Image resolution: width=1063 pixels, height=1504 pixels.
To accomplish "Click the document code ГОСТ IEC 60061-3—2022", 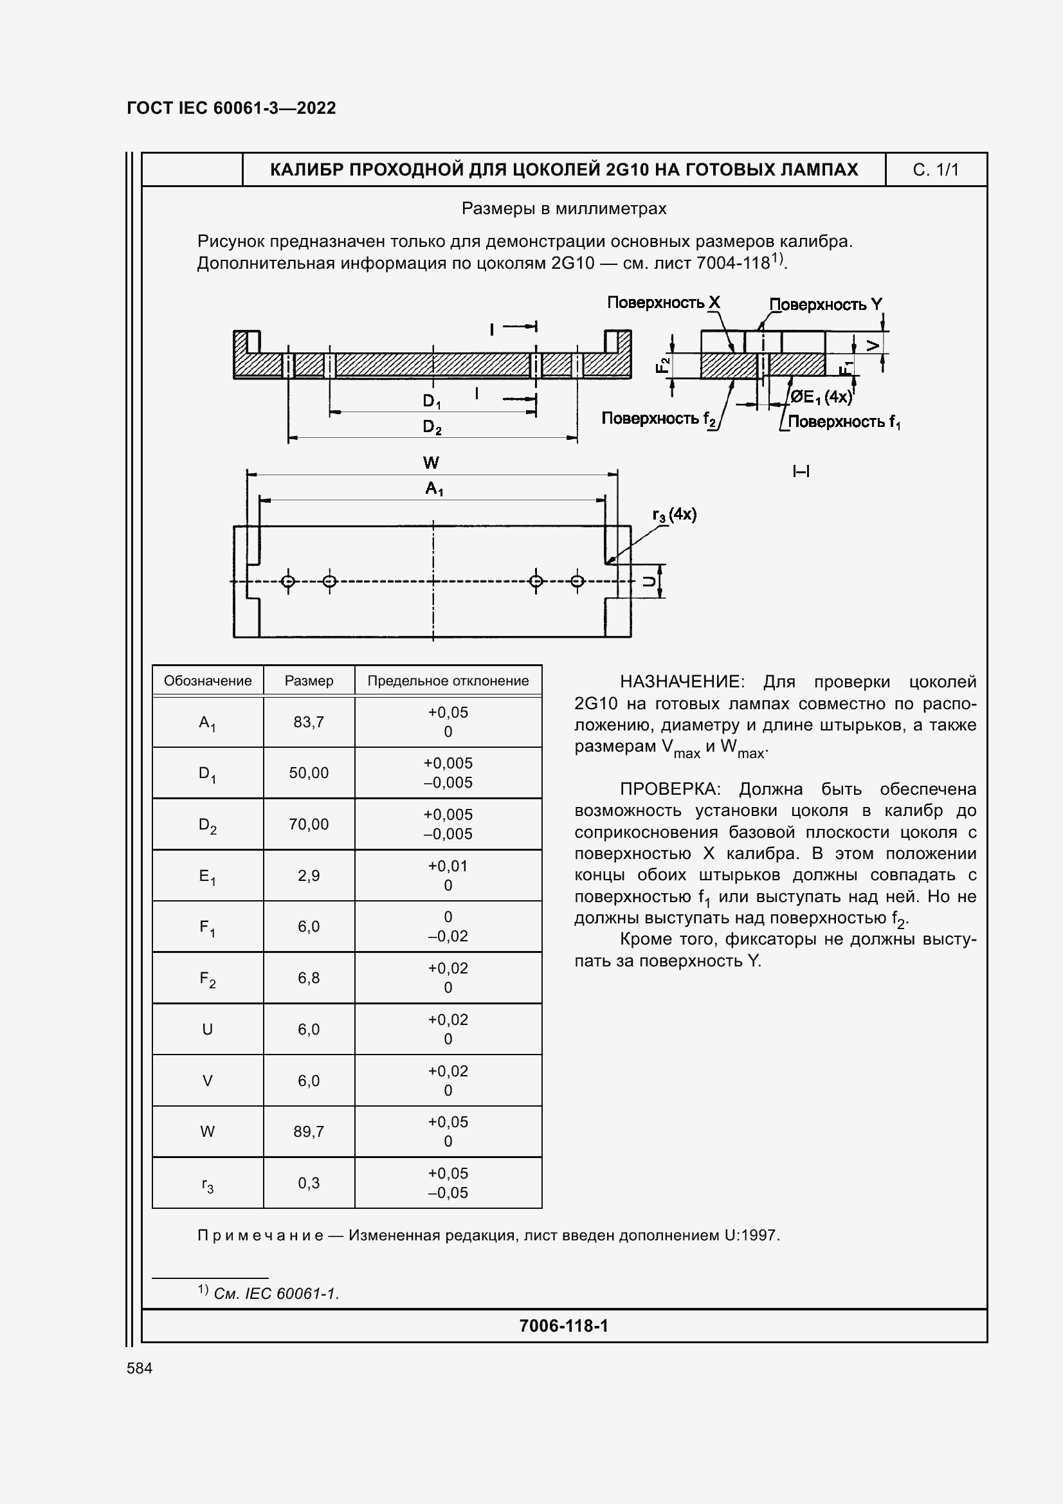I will (x=232, y=108).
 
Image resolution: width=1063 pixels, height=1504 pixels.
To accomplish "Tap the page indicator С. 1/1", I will (x=935, y=170).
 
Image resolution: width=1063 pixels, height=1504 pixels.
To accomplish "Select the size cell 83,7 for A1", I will (x=309, y=722).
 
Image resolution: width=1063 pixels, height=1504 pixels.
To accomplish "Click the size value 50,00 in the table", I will (x=309, y=773).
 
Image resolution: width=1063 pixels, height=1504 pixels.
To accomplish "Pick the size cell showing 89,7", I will (x=309, y=1131).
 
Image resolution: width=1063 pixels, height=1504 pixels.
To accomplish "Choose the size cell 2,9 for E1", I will (x=309, y=876).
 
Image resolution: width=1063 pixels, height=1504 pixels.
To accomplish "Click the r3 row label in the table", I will (x=207, y=1184).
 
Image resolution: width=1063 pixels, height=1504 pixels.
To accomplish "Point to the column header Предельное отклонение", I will (x=448, y=680).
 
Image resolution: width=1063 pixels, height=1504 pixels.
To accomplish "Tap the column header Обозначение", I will (x=207, y=680).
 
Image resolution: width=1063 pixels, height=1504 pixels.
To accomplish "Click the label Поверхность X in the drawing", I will (x=663, y=303).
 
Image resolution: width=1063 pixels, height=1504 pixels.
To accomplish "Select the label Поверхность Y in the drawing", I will (x=825, y=305).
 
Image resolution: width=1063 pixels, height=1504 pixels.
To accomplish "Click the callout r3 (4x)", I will (x=674, y=515).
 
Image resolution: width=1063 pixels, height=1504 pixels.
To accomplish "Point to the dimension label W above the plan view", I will (x=431, y=463).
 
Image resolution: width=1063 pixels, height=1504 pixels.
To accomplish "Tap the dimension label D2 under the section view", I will (x=432, y=428).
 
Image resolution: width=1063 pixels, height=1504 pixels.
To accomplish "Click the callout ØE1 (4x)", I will (x=821, y=397).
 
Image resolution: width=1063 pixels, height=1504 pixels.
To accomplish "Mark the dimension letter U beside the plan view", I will (x=648, y=581).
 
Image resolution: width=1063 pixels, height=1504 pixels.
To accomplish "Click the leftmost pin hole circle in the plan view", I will (x=287, y=581).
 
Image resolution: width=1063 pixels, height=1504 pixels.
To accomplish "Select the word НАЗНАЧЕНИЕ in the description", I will (x=681, y=682).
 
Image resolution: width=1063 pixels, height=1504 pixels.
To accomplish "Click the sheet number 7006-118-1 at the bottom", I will (x=563, y=1326).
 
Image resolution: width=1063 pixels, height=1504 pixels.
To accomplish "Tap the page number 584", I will (x=139, y=1368).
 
